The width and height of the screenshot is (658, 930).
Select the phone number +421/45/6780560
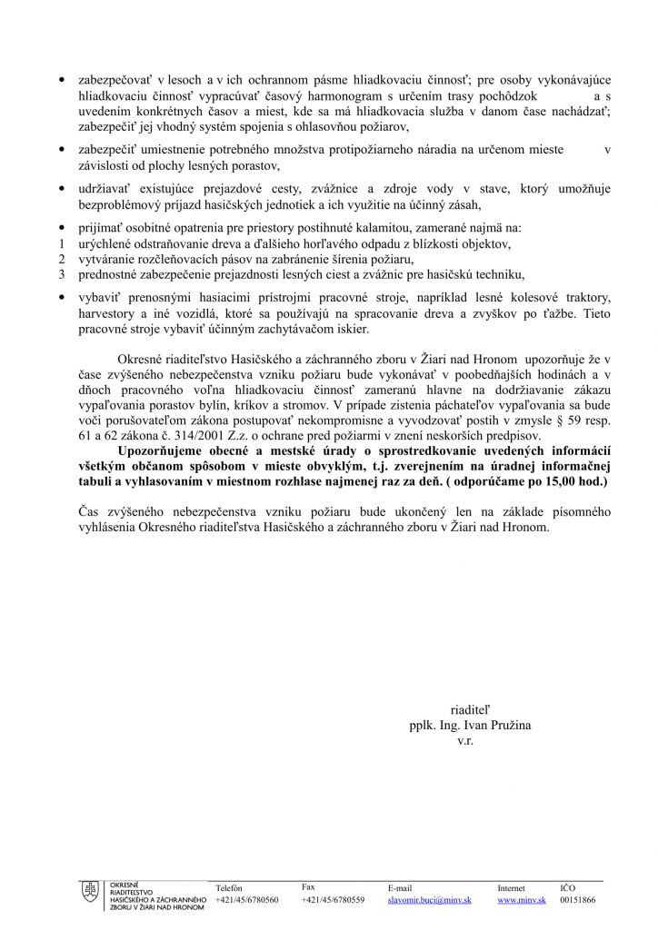246,899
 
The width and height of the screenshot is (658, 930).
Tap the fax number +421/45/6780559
333,899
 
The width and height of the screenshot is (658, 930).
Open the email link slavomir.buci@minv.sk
429,899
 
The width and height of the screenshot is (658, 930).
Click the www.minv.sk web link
521,899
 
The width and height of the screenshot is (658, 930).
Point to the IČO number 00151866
578,899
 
